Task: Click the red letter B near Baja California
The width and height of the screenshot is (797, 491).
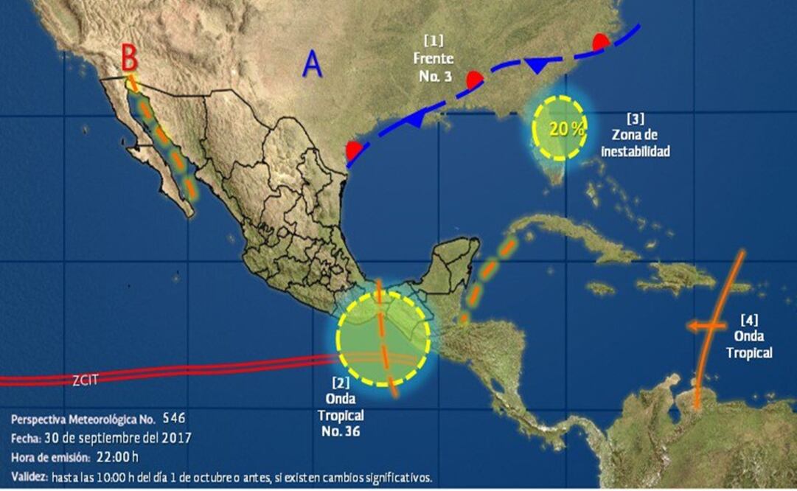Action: pos(130,55)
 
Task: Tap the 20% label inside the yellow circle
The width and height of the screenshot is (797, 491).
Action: pos(566,128)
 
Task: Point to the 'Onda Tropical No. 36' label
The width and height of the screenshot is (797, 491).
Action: pos(341,415)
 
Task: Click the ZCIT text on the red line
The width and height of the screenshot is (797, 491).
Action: pos(86,380)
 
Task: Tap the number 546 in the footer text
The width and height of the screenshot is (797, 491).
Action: pos(175,419)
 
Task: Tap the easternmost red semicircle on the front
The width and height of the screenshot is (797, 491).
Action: pos(602,42)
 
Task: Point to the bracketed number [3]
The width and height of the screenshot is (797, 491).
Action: pos(635,118)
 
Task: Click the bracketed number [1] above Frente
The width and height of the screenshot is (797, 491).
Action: pos(433,38)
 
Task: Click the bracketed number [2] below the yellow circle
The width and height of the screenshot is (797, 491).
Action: pos(341,383)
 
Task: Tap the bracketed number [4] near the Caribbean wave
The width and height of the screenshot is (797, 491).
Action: pos(749,320)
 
